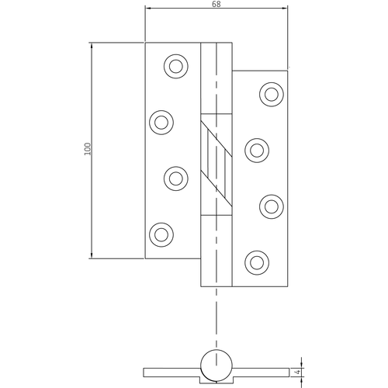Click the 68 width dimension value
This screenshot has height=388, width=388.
[217, 4]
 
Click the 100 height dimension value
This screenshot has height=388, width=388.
[88, 149]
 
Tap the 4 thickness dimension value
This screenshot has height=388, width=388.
[298, 372]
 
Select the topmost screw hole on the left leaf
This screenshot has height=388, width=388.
[176, 66]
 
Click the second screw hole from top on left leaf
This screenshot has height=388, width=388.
[161, 123]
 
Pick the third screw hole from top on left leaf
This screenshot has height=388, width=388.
[176, 178]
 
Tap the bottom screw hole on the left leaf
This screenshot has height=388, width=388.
[161, 235]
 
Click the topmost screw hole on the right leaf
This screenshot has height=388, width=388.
[272, 95]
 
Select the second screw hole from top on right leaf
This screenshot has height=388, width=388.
[257, 151]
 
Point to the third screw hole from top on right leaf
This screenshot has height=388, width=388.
[272, 206]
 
